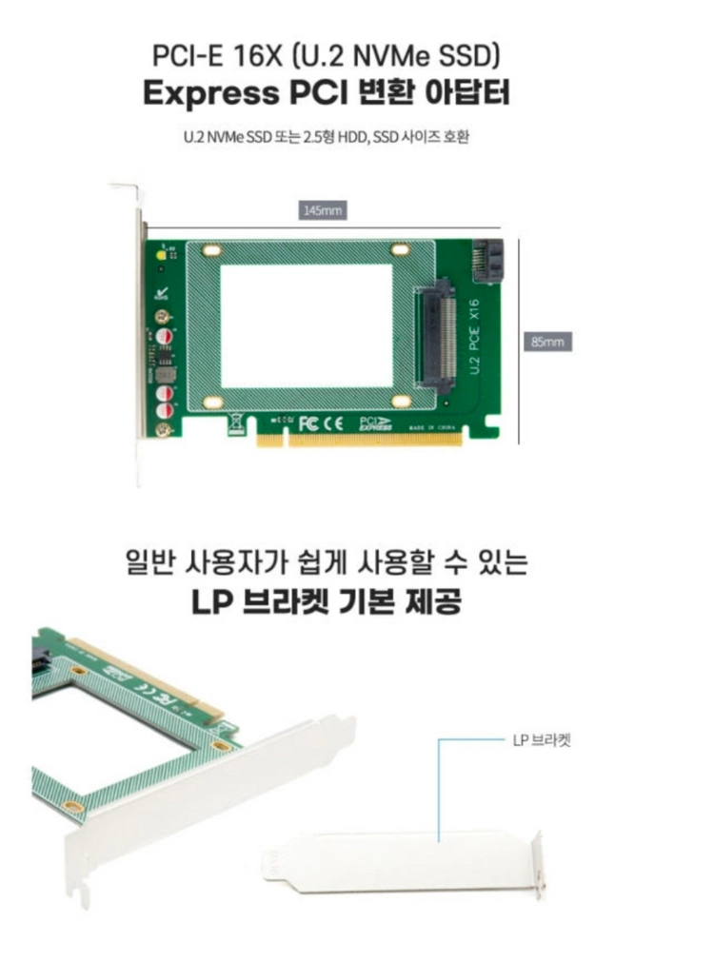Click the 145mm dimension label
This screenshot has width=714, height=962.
[323, 210]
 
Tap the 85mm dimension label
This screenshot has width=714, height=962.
[547, 342]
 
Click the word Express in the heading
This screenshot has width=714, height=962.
[210, 94]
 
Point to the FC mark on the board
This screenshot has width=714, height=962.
[308, 423]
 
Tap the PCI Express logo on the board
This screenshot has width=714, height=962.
[374, 423]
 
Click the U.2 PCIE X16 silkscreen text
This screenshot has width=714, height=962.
[474, 336]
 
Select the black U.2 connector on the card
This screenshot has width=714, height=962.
[437, 336]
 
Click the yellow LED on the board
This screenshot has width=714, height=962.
[162, 255]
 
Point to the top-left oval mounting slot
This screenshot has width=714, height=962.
[211, 251]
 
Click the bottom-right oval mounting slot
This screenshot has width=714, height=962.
[401, 402]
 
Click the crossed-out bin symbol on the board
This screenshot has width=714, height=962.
[236, 423]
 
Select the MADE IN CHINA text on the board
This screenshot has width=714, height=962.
[431, 427]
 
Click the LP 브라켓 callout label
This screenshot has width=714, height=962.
[542, 740]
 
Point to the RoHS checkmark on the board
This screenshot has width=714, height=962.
[161, 294]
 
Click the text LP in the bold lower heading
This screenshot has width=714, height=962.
[211, 602]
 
